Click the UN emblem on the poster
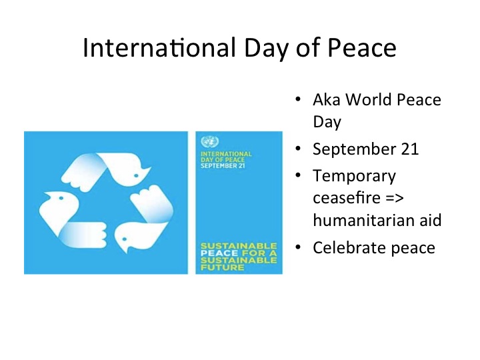[210, 142]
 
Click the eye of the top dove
[137, 175]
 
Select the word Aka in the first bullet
[325, 100]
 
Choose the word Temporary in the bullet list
[354, 177]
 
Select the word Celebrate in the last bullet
[345, 248]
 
